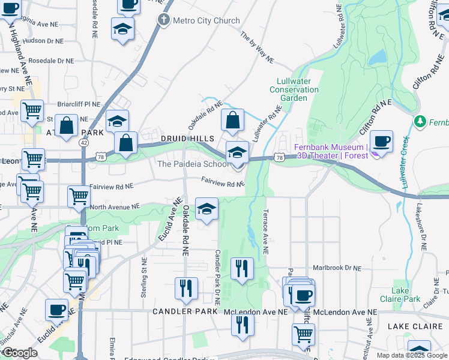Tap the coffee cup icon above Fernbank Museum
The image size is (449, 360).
pyautogui.click(x=381, y=142)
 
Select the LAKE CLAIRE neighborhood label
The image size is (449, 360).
pyautogui.click(x=415, y=326)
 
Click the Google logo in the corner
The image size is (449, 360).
pyautogui.click(x=20, y=352)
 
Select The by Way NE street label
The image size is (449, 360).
pyautogui.click(x=257, y=47)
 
